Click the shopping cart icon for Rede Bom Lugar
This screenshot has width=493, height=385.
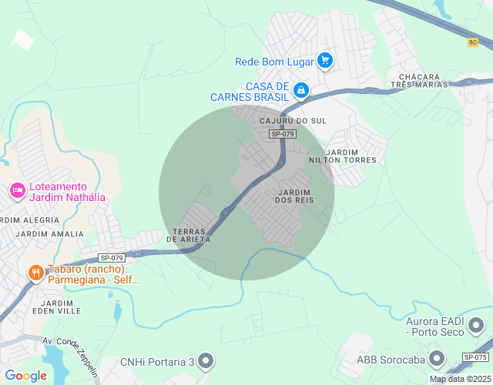325,60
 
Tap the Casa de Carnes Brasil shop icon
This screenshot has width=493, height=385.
302,91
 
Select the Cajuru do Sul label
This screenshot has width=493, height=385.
293,121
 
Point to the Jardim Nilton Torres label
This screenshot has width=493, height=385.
353,156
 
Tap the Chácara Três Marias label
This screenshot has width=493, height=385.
420,82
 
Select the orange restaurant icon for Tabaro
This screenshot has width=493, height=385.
35,272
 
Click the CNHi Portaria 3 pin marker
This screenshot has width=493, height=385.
205,360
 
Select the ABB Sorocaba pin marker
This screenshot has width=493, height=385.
438,358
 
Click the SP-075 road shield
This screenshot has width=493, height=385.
476,357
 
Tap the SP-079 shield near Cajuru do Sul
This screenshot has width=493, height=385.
283,134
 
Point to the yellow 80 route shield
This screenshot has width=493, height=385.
472,42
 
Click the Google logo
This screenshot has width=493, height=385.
25,376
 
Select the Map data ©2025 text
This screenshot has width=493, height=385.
459,379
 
